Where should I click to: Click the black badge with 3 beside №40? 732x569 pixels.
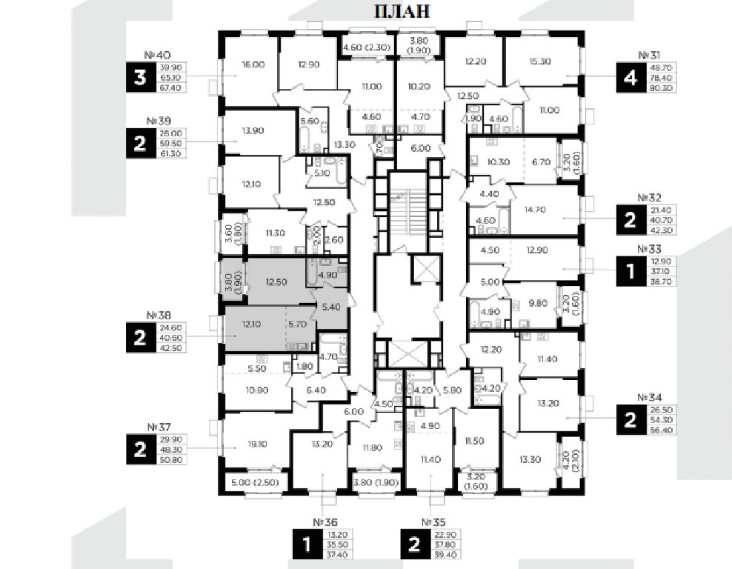tap(140, 78)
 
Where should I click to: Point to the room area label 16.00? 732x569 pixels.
tap(253, 64)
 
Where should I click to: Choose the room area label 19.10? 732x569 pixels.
tap(256, 445)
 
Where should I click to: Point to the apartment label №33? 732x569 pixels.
tap(648, 250)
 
